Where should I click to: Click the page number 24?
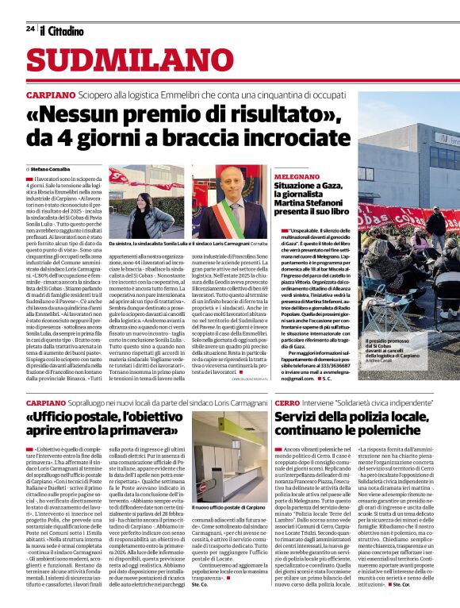tap(30, 29)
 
